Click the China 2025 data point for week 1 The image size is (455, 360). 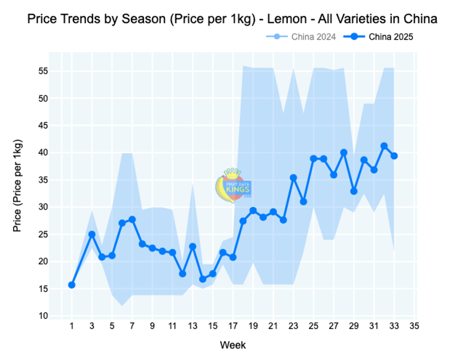tap(72, 285)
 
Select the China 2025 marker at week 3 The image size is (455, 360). tap(92, 234)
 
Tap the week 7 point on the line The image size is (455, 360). tap(132, 219)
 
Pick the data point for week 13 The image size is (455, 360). tap(193, 247)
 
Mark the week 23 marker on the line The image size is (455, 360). tap(293, 178)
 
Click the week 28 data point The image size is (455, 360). tap(344, 152)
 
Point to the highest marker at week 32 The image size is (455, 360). tap(384, 146)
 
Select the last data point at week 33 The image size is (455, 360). tap(394, 156)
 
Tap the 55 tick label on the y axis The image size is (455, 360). tap(43, 71)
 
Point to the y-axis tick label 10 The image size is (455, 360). tap(43, 316)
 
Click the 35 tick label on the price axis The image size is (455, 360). tap(43, 180)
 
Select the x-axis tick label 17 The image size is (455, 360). tap(233, 326)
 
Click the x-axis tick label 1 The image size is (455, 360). tap(72, 326)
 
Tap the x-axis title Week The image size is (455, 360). tap(233, 345)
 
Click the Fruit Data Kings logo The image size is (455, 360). tap(233, 185)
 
